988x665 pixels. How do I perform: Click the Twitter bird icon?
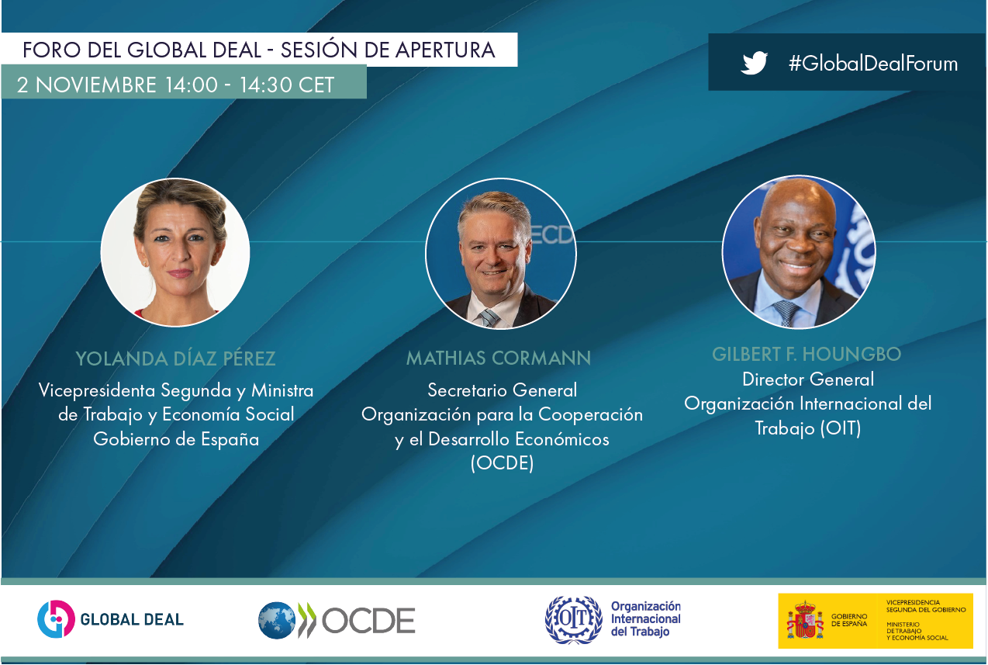[x=755, y=63]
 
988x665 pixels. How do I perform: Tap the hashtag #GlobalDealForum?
[x=873, y=64]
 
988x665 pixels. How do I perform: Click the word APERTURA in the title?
[x=445, y=50]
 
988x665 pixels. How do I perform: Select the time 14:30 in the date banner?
[x=264, y=85]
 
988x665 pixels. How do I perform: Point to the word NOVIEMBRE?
[x=95, y=85]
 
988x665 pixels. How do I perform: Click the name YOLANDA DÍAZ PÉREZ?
[x=175, y=358]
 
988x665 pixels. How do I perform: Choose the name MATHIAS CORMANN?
[x=499, y=358]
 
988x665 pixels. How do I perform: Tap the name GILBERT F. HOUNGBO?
[x=807, y=355]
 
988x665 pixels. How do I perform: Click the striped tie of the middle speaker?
[x=489, y=317]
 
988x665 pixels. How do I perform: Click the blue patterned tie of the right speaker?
[x=787, y=313]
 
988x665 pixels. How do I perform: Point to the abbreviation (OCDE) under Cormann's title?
[x=502, y=463]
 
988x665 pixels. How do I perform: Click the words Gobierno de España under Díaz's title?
[x=176, y=439]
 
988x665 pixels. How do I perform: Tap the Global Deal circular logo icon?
[x=56, y=618]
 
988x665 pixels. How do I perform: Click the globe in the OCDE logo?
[x=277, y=621]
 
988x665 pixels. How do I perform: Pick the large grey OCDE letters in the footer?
[x=368, y=621]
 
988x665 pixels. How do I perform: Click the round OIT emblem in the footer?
[x=573, y=619]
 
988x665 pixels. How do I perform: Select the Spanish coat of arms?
[x=805, y=620]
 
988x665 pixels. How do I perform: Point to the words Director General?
[x=808, y=379]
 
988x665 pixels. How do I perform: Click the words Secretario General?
[x=503, y=390]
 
